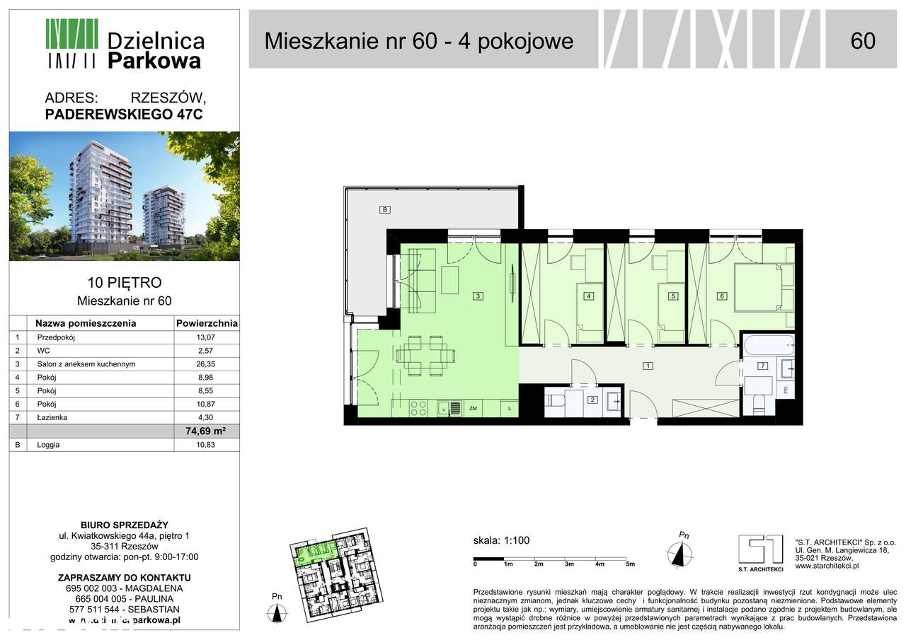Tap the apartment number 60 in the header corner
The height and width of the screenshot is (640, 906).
(863, 41)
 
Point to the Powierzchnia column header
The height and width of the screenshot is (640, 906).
(207, 324)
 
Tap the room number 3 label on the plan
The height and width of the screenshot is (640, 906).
(478, 296)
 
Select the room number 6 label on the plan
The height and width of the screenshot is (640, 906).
(722, 296)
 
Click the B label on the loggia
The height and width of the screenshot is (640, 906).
(385, 210)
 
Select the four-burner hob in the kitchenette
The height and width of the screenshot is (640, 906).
(418, 408)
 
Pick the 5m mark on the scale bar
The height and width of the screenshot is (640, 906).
(630, 564)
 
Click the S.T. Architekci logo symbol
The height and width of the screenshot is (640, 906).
(760, 549)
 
